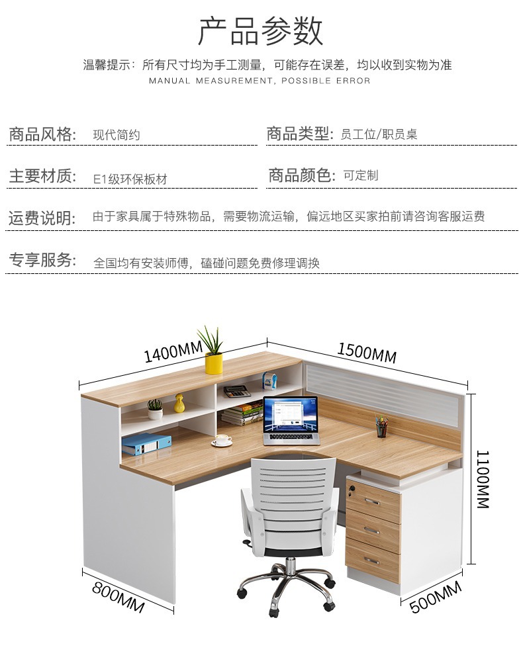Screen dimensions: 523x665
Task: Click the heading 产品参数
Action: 261,32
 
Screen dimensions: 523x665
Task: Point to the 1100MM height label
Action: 482,479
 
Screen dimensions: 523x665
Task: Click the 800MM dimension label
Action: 118,597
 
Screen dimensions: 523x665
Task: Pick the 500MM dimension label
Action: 435,597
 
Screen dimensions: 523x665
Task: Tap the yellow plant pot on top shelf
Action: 213,363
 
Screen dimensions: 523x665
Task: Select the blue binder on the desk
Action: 146,444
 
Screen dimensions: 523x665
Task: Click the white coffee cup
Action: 222,439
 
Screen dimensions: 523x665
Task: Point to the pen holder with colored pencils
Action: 382,427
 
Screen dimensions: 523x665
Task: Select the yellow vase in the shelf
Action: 179,404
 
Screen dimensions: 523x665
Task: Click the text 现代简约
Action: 117,135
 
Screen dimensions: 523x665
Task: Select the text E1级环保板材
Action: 130,179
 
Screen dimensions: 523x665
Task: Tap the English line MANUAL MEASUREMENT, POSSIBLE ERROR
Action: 260,81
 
